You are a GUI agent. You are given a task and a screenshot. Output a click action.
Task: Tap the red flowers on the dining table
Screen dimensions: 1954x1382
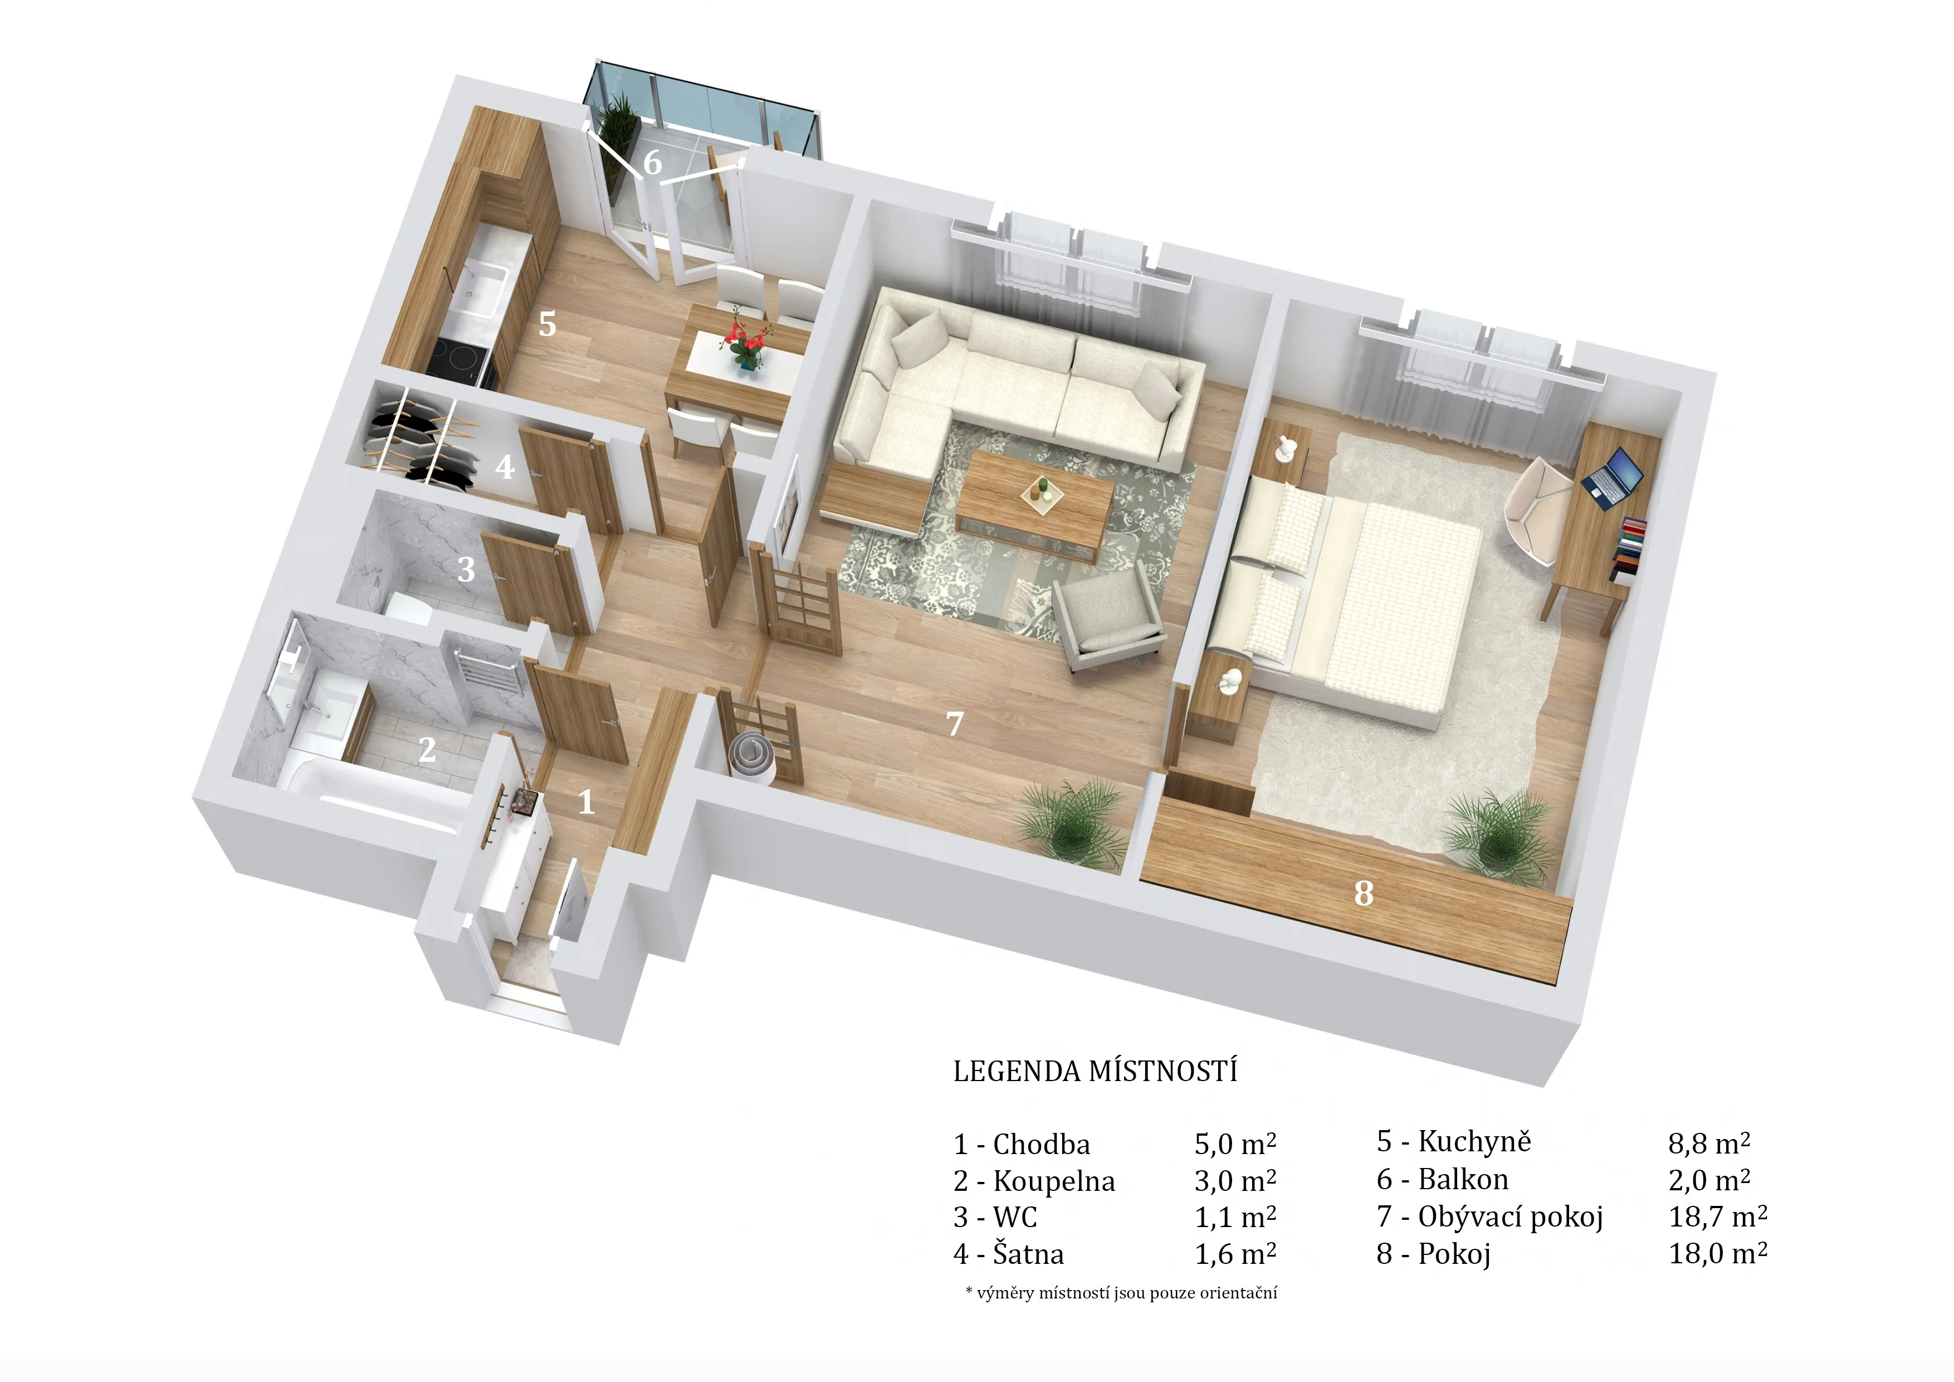click(x=745, y=342)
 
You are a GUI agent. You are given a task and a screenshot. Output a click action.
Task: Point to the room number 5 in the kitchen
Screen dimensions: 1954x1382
click(x=547, y=324)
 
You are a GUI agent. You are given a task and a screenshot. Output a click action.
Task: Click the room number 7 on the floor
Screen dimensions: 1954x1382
click(x=955, y=724)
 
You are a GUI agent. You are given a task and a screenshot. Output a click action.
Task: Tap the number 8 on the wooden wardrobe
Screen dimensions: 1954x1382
click(x=1364, y=893)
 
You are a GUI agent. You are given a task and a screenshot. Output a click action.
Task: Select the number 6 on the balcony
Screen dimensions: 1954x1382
click(x=652, y=162)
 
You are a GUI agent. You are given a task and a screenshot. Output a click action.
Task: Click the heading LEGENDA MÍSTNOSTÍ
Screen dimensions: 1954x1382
click(x=1095, y=1070)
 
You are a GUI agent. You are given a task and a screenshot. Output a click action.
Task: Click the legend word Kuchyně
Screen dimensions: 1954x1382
click(x=1474, y=1142)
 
